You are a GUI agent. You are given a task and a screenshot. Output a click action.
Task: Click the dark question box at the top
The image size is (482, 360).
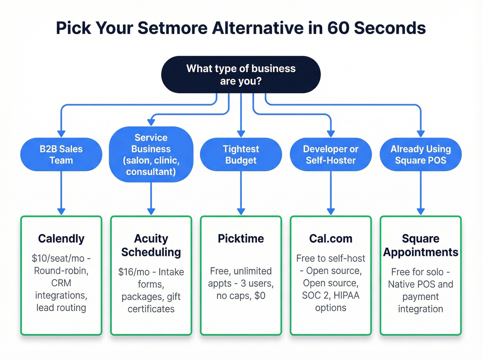click(x=241, y=74)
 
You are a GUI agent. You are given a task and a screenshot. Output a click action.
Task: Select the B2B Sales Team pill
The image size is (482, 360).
click(x=61, y=154)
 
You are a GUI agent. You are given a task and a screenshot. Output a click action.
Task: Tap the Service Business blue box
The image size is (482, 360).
click(x=151, y=154)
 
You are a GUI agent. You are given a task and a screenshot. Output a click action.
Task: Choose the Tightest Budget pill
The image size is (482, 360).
click(x=241, y=154)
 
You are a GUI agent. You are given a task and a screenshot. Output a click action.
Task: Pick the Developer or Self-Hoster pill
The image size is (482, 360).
click(x=331, y=154)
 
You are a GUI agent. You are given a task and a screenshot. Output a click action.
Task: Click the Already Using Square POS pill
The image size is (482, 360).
click(x=420, y=154)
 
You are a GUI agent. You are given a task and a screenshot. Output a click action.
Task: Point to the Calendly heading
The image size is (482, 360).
click(x=61, y=238)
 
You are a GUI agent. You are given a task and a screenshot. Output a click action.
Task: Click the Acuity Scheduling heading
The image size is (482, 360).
click(x=151, y=245)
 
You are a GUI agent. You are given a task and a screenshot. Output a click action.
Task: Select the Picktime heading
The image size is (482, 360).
click(x=241, y=238)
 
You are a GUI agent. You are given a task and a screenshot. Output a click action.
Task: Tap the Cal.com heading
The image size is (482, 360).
click(x=331, y=238)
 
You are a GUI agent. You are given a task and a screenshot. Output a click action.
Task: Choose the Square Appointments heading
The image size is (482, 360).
click(x=420, y=245)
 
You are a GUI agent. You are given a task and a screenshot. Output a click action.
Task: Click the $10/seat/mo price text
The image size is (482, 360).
click(x=58, y=258)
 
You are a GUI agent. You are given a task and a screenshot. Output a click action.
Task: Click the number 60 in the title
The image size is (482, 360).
click(x=338, y=28)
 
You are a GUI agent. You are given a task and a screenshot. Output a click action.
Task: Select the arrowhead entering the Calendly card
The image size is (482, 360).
click(x=61, y=211)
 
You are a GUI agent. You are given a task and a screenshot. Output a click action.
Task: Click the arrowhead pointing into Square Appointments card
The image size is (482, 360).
click(x=420, y=211)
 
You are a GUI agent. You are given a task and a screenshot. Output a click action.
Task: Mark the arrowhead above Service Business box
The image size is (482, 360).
click(x=151, y=122)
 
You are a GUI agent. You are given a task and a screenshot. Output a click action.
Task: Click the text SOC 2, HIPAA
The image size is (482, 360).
click(x=331, y=295)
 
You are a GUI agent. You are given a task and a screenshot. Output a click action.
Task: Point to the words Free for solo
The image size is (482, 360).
click(x=417, y=272)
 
